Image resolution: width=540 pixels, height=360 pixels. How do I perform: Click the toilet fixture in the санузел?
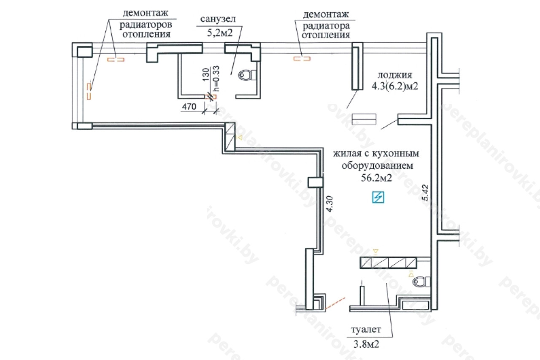tap(246, 76)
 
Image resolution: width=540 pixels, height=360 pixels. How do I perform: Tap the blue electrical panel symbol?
tap(378, 197)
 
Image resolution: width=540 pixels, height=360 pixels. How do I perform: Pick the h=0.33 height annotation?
tap(217, 80)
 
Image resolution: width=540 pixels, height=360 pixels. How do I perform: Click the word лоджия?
tap(394, 76)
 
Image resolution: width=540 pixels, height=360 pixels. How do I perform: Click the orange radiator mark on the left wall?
tap(89, 91)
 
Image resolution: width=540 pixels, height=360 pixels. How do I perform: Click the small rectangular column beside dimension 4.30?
tap(315, 182)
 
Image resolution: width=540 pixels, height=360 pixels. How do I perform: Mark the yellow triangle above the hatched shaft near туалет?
tap(376, 252)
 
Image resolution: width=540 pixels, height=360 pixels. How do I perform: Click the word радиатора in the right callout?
tap(326, 24)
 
